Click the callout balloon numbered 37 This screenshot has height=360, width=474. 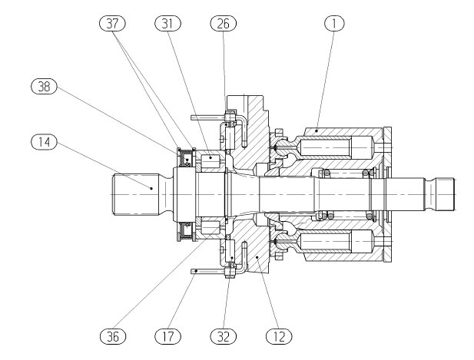pyautogui.click(x=112, y=24)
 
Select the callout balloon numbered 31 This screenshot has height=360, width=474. pyautogui.click(x=167, y=24)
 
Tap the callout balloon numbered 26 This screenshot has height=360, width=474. pyautogui.click(x=224, y=24)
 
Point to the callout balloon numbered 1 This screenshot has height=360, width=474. pyautogui.click(x=334, y=24)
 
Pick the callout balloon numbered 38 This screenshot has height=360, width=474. pyautogui.click(x=44, y=87)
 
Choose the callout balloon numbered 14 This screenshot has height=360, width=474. pyautogui.click(x=44, y=142)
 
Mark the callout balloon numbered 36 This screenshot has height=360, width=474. pyautogui.click(x=112, y=336)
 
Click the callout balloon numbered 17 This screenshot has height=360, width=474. pyautogui.click(x=167, y=336)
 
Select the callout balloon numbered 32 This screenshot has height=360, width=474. pyautogui.click(x=224, y=336)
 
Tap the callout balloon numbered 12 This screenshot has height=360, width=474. pyautogui.click(x=279, y=336)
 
